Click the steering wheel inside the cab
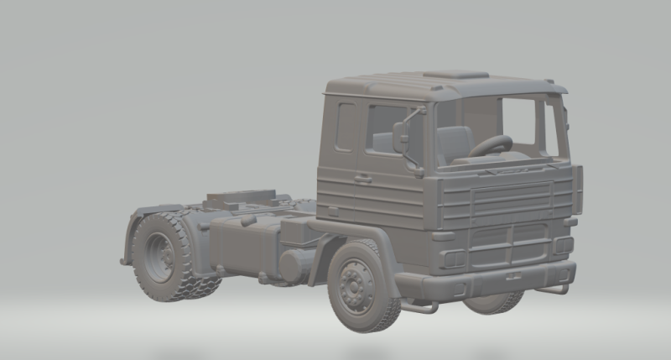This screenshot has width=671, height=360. pos(491,146)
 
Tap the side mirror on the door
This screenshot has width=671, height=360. pos(401,137)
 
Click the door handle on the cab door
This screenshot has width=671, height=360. pos(362,178)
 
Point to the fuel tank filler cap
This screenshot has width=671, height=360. pos(248,221)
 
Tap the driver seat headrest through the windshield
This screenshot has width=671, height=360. pos(453,139)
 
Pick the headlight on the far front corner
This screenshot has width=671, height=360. pos(563,245)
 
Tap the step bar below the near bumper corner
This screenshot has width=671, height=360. pos(419,306)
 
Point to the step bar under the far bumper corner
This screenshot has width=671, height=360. pos(554,290)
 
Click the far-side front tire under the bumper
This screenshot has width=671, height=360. pos(495,304)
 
